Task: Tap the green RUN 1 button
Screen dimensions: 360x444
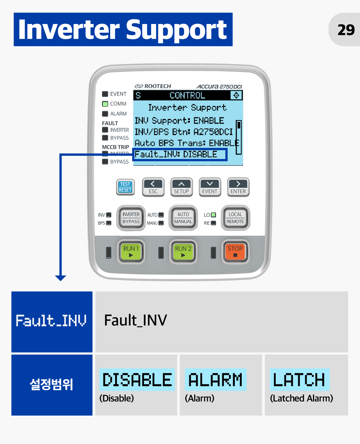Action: click(x=131, y=252)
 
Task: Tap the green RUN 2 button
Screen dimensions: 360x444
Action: click(x=183, y=252)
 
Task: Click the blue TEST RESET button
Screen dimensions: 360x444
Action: click(x=125, y=187)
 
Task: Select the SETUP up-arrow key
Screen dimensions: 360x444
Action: click(x=181, y=187)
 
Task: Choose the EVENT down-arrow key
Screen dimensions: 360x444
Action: click(x=210, y=187)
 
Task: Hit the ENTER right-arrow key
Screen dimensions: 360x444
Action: click(x=238, y=187)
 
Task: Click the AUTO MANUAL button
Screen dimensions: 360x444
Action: click(x=183, y=218)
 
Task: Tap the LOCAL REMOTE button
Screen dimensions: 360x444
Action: click(x=235, y=218)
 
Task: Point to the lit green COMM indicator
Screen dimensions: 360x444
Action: click(x=105, y=104)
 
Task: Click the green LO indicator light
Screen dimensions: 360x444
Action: click(x=213, y=215)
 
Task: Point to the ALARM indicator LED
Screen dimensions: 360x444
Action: click(x=105, y=114)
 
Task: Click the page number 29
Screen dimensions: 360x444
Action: click(x=346, y=30)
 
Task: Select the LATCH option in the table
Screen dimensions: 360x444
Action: click(x=299, y=379)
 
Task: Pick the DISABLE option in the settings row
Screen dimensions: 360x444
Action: click(x=137, y=379)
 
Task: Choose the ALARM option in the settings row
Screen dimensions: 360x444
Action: click(x=215, y=379)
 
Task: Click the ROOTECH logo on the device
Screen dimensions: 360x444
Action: click(x=153, y=86)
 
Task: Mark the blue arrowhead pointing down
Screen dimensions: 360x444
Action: click(x=61, y=278)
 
